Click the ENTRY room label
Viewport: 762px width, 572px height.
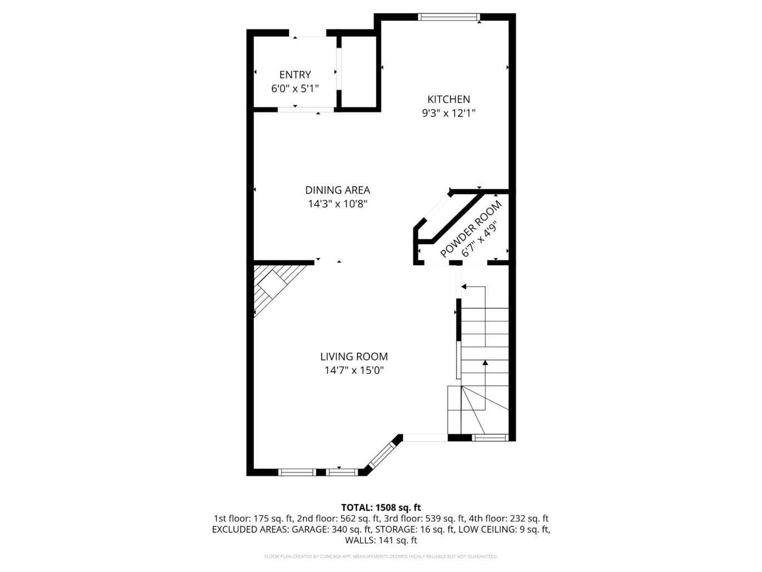(295, 75)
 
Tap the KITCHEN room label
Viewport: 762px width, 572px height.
(448, 99)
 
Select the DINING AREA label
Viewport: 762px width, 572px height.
(337, 190)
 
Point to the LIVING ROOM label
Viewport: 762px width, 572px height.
(354, 357)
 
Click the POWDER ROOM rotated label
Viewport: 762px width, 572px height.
(470, 228)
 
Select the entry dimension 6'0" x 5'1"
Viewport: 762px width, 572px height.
(295, 88)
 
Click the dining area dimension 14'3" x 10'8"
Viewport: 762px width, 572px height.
(337, 204)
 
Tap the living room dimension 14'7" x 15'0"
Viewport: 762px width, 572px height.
(354, 371)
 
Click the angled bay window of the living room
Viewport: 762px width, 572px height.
(381, 455)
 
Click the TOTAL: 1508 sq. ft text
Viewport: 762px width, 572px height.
(380, 507)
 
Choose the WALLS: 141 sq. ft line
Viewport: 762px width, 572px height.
(380, 540)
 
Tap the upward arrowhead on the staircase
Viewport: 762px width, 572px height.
(485, 363)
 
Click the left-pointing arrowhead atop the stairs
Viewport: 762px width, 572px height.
(463, 287)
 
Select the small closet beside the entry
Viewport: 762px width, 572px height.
(359, 71)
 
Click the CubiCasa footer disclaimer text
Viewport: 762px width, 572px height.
(380, 556)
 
